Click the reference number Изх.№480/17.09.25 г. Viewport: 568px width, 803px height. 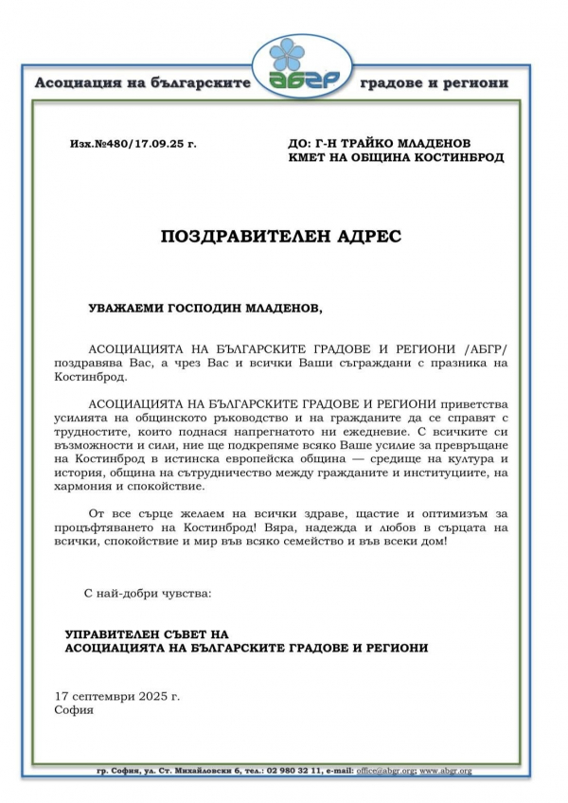133,144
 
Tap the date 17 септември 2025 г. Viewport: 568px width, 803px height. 117,695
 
